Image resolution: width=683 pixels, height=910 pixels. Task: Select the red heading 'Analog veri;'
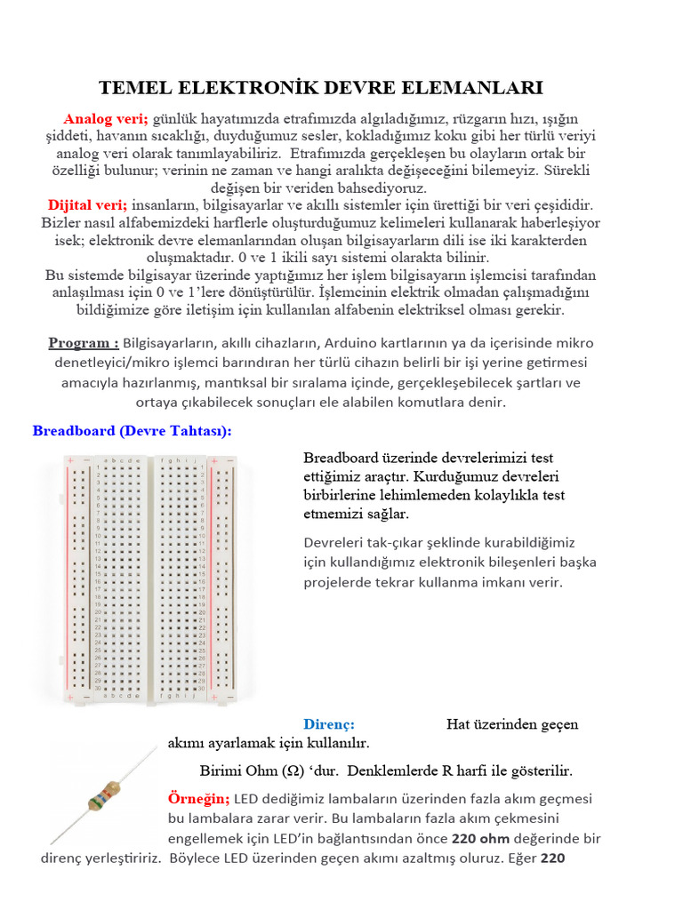(106, 118)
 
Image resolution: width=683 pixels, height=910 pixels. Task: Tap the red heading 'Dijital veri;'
(88, 205)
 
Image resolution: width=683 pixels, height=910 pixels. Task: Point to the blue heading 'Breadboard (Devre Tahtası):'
(132, 431)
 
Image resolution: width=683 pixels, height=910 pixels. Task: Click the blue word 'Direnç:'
(329, 724)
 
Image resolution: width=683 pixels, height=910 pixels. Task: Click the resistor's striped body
(104, 794)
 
